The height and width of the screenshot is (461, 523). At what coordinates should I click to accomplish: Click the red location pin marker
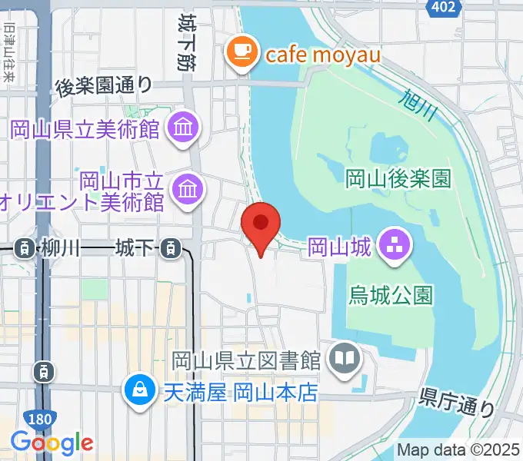(x=261, y=225)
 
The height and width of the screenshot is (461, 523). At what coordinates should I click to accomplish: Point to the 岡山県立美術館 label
(x=85, y=128)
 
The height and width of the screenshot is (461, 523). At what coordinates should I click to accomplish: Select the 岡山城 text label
(x=340, y=247)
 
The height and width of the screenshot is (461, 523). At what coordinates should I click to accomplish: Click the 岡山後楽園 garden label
(x=397, y=180)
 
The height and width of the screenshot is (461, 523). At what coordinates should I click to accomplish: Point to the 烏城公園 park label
(x=391, y=294)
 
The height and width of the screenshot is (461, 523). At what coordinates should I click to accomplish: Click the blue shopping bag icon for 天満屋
(x=141, y=393)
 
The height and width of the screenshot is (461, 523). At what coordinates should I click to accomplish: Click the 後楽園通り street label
(x=104, y=87)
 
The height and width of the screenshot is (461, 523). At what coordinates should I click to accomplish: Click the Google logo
(x=52, y=443)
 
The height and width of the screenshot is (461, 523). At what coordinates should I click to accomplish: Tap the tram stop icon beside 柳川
(x=26, y=248)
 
